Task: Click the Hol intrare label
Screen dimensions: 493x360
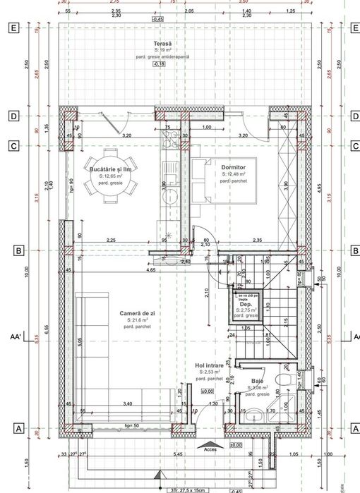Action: tap(209, 365)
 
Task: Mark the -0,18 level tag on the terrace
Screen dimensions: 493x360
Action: tap(159, 64)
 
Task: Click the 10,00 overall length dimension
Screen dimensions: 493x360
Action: tap(27, 271)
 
